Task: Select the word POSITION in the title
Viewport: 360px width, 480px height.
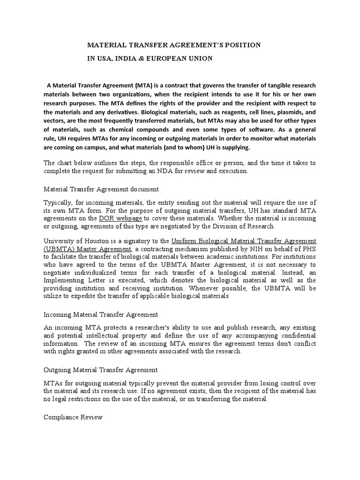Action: [240, 45]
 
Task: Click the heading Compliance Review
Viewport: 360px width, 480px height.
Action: [73, 417]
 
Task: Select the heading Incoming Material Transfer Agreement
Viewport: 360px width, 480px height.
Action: [101, 314]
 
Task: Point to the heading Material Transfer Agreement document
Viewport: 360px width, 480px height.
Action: [101, 189]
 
